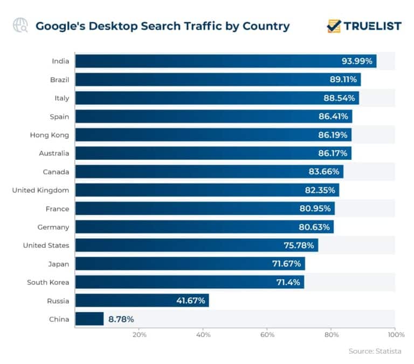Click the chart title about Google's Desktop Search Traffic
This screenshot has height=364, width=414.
tap(162, 26)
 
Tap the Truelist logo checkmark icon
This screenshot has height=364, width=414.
tap(334, 26)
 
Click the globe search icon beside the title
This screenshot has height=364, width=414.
tap(21, 26)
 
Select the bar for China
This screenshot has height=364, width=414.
tap(89, 319)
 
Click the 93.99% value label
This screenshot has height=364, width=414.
tap(357, 62)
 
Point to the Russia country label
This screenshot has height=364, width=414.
tap(58, 300)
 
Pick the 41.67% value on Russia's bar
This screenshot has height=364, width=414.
tap(190, 300)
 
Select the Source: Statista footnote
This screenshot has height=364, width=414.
tap(375, 351)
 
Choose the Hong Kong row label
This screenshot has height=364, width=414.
tap(49, 135)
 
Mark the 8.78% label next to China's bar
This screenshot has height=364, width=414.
tap(121, 319)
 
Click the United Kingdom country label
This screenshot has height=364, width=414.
tap(40, 190)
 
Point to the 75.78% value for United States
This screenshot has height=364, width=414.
tap(299, 245)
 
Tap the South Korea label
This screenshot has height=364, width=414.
tap(48, 282)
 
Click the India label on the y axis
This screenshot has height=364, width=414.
tap(60, 62)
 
